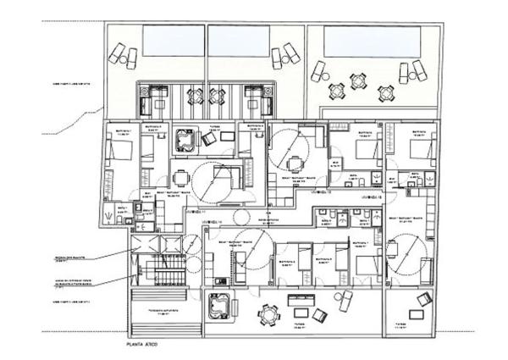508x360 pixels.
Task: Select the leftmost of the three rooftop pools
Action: pos(173,38)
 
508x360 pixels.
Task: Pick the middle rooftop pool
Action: pos(239,38)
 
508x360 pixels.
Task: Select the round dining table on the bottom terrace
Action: pos(268,315)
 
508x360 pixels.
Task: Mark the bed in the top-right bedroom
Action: pos(421,151)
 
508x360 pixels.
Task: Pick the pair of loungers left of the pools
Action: pos(122,56)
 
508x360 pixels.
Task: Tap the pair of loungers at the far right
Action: pos(418,71)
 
